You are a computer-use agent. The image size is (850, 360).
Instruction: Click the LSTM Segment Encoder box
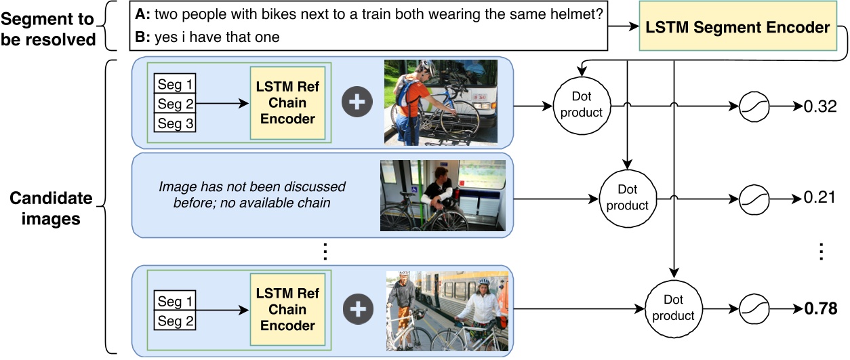click(737, 28)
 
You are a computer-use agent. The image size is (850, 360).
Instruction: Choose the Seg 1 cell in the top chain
click(175, 85)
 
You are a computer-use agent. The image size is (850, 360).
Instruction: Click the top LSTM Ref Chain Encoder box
click(287, 103)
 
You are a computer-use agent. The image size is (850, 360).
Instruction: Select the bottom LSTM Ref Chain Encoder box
click(287, 310)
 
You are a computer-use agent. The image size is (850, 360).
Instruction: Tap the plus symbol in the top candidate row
click(357, 103)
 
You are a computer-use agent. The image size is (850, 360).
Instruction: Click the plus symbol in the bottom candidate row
click(357, 310)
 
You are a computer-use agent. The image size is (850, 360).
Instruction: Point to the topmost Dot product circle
click(582, 105)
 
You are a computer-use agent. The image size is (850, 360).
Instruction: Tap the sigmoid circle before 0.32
click(753, 107)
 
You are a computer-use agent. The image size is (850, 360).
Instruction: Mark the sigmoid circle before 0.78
click(753, 308)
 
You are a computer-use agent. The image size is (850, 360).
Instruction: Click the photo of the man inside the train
click(443, 195)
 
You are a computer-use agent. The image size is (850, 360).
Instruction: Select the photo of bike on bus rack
click(441, 103)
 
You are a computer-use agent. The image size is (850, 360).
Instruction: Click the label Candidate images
click(51, 209)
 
